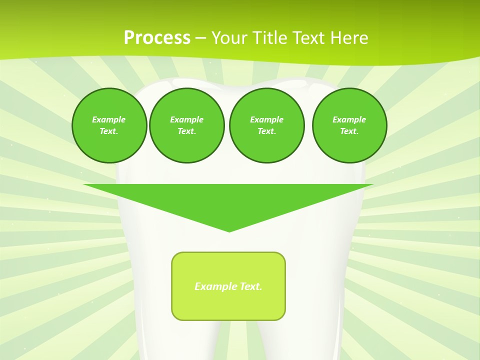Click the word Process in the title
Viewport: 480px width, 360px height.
tap(157, 38)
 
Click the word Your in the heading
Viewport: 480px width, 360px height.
tap(228, 38)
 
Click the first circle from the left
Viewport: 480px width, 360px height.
tap(109, 125)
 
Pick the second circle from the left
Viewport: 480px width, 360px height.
tap(187, 125)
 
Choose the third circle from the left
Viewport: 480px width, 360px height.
tap(266, 125)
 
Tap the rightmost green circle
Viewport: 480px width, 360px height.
tap(349, 125)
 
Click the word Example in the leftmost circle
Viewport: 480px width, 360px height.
tap(109, 119)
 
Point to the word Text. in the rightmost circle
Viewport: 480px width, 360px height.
tap(349, 131)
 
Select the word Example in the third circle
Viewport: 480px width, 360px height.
tap(266, 119)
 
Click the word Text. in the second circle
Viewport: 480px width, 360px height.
tap(187, 131)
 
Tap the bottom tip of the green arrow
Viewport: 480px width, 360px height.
tap(229, 231)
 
